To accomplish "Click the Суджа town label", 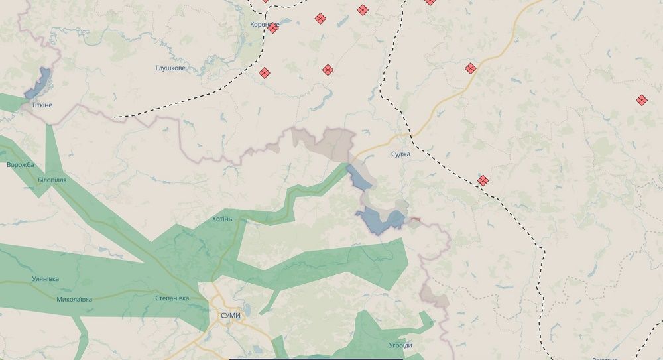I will (400, 154).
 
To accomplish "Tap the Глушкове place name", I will (170, 68).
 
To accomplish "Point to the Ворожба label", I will (20, 165).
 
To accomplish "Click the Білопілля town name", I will (52, 180).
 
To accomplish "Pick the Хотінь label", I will (222, 219).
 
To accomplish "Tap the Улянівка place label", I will (45, 279).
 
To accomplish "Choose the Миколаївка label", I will (74, 299).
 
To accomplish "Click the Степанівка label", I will (172, 298).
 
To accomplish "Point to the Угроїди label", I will (400, 345).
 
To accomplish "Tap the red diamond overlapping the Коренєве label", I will (272, 27).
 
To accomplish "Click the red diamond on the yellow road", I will (471, 68).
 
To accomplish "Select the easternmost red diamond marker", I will (642, 100).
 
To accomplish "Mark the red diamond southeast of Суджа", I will (483, 180).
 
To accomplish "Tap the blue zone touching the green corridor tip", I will (359, 177).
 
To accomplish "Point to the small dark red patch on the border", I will (415, 219).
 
